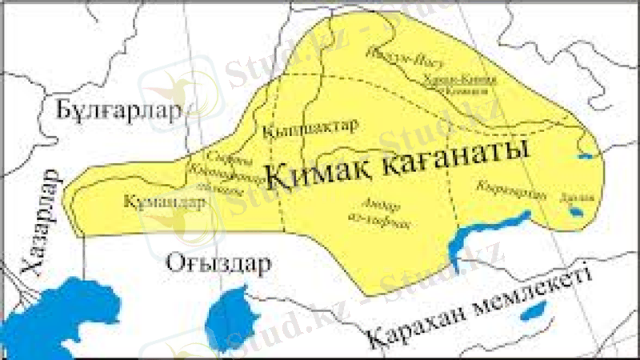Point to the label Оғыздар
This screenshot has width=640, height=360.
tap(218, 262)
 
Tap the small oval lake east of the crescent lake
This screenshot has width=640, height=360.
tap(575, 211)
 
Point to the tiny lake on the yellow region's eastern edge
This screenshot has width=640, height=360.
tap(586, 156)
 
